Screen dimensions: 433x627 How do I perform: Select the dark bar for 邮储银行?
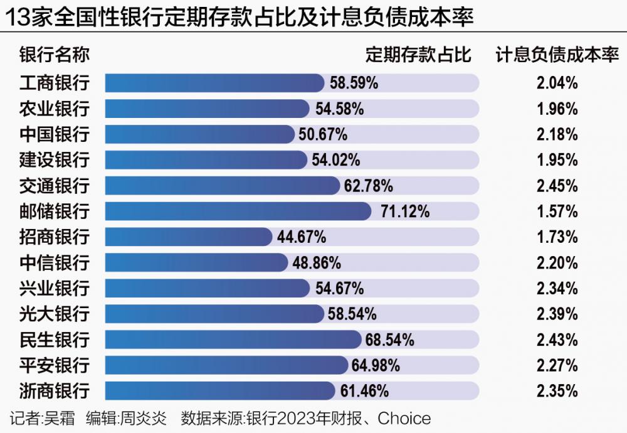coord(238,211)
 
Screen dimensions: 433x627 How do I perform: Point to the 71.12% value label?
coord(405,211)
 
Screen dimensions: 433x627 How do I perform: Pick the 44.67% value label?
coord(302,237)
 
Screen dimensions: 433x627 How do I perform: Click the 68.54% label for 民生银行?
coord(390,340)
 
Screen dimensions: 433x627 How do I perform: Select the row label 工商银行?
coord(55,83)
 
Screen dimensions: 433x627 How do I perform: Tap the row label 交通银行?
coord(55,186)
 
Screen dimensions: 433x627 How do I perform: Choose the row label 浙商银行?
coord(55,391)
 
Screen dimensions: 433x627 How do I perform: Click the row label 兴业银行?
coord(55,289)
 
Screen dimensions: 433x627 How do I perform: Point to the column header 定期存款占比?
coord(418,55)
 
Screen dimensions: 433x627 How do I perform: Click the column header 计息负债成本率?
coord(557,55)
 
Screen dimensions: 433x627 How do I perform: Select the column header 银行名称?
coord(55,55)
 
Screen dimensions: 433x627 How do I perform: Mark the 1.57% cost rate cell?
coord(557,211)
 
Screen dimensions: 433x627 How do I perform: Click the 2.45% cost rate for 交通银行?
coord(557,186)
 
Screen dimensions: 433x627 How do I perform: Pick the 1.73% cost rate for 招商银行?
coord(557,237)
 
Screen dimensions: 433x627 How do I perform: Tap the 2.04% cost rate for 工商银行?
coord(557,83)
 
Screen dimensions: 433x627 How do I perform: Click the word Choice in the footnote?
coord(404,418)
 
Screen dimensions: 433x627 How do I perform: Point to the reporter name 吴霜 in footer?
coord(59,418)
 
